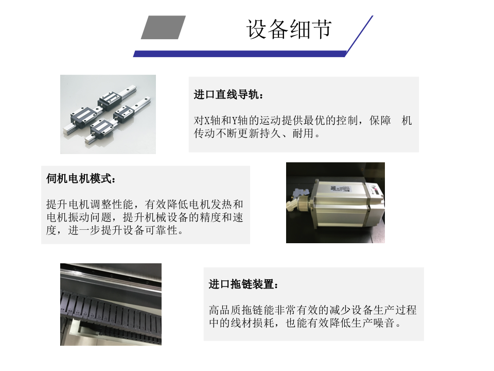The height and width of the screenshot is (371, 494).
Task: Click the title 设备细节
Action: pyautogui.click(x=289, y=29)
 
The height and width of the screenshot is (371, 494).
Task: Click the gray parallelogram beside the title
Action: pyautogui.click(x=163, y=27)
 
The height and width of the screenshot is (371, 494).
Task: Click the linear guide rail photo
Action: pyautogui.click(x=108, y=114)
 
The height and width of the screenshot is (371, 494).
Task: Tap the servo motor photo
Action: pyautogui.click(x=335, y=203)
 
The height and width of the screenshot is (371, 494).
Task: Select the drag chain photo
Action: pyautogui.click(x=111, y=305)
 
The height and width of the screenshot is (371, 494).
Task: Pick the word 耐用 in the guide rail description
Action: pyautogui.click(x=304, y=133)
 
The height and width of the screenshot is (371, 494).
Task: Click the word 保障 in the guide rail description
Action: pyautogui.click(x=380, y=121)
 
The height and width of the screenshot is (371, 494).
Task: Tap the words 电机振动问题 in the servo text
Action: pyautogui.click(x=79, y=217)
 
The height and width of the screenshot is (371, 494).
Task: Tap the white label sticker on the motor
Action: pyautogui.click(x=340, y=189)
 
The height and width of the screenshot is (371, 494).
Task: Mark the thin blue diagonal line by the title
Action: pyautogui.click(x=360, y=36)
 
